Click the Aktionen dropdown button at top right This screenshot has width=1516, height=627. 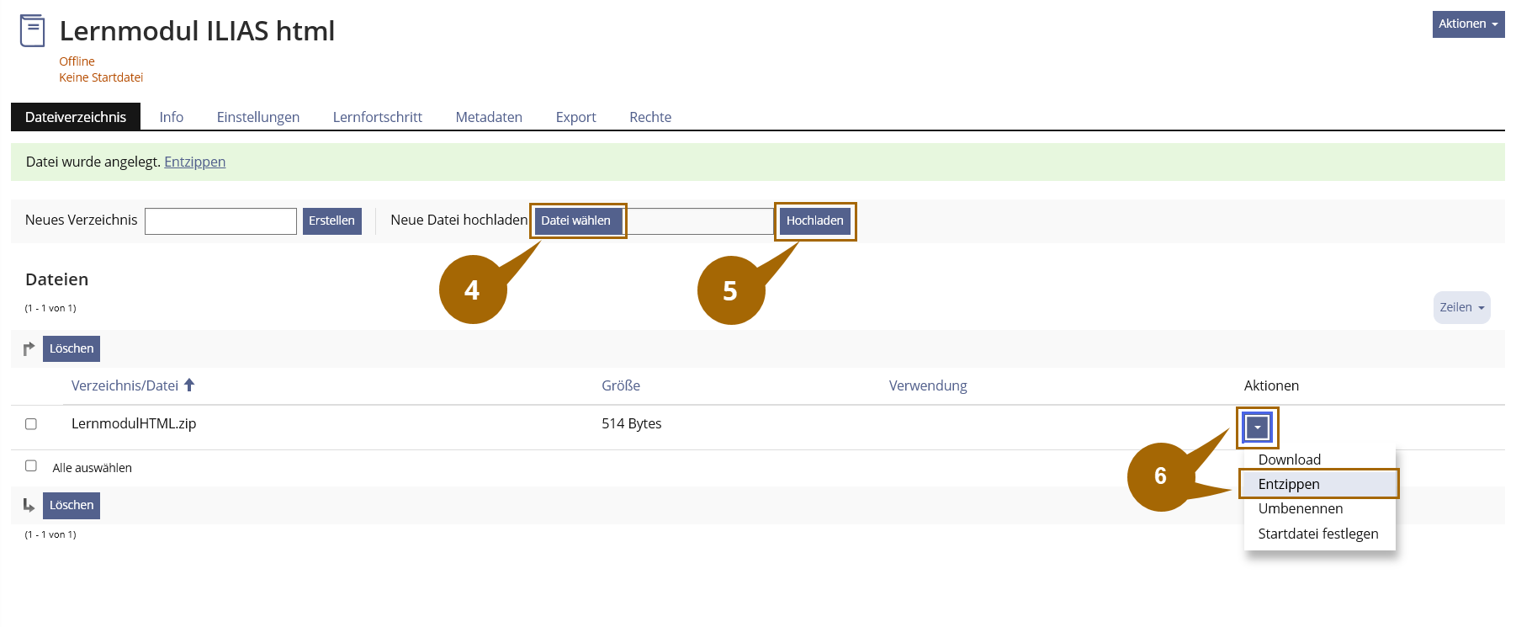1468,24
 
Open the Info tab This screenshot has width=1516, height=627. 172,117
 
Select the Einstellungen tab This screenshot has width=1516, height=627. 258,117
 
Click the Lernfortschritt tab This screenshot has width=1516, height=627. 378,117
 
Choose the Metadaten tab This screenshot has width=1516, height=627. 489,117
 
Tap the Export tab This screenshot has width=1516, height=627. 576,117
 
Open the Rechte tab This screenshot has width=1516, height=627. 650,117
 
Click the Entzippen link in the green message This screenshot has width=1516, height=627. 194,162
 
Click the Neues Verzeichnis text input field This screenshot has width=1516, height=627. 220,221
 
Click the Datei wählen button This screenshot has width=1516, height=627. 576,221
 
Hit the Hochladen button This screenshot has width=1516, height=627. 814,221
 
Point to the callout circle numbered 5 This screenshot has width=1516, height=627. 730,291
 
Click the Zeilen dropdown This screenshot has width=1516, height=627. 1461,307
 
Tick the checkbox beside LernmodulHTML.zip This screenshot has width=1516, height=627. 31,424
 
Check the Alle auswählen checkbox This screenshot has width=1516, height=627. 31,465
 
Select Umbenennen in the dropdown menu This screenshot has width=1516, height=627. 1301,508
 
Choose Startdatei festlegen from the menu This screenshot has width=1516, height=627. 1318,534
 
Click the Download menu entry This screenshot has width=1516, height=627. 1290,460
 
